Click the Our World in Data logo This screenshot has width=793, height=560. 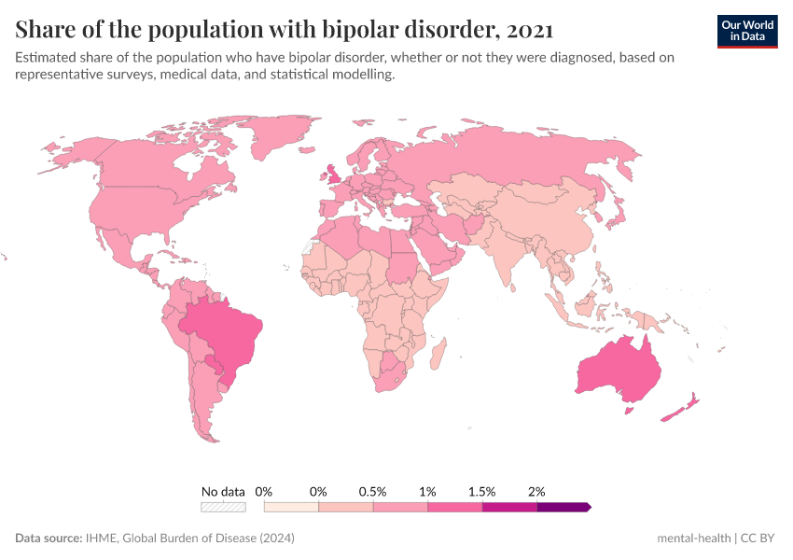coord(746,31)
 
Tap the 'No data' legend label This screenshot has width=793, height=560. coord(223,491)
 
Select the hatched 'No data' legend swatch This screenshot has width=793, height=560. coord(223,507)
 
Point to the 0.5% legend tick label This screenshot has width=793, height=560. coord(373,491)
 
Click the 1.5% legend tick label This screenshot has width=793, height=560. coord(482,491)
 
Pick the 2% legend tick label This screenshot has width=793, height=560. coord(536,491)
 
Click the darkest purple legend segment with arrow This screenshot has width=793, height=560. coord(563,507)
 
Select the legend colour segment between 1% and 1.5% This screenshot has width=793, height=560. coord(455,507)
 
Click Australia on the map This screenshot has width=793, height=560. coord(619,370)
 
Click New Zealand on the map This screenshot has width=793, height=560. coord(685,406)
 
